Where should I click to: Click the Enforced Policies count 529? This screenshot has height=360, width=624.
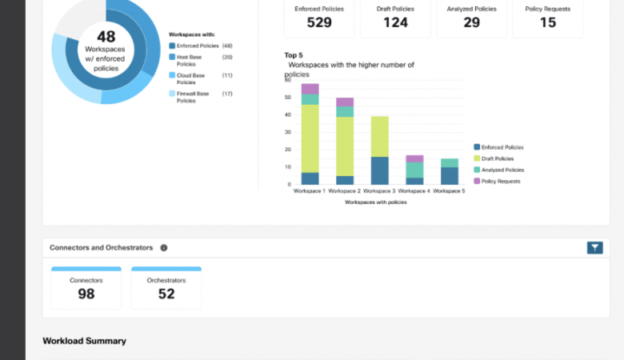tap(319, 22)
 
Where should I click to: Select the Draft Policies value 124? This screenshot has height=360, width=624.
tap(395, 22)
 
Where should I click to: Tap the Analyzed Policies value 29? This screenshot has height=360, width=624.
tap(471, 22)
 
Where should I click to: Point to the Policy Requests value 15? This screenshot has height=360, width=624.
tap(547, 22)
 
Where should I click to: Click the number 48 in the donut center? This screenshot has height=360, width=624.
tap(106, 37)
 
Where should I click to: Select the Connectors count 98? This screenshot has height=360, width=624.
tap(86, 294)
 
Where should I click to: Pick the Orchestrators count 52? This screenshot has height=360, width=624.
tap(166, 294)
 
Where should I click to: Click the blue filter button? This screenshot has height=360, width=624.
tap(594, 248)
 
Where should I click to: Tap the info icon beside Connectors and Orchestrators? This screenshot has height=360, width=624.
tap(164, 248)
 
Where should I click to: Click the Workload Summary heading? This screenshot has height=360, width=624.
tap(84, 341)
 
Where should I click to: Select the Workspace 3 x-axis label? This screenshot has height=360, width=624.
tap(379, 191)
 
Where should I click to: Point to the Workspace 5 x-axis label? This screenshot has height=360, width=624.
tap(449, 191)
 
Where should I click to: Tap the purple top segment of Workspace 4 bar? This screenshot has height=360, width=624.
tap(414, 158)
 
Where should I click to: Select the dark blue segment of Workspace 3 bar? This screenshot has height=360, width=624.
tap(379, 170)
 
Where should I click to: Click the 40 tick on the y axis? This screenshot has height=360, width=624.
tap(287, 114)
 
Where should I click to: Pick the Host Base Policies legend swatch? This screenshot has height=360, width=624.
tap(172, 58)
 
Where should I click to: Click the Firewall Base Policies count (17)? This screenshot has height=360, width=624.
tap(227, 94)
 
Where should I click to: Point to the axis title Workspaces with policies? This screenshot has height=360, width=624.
tap(375, 202)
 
